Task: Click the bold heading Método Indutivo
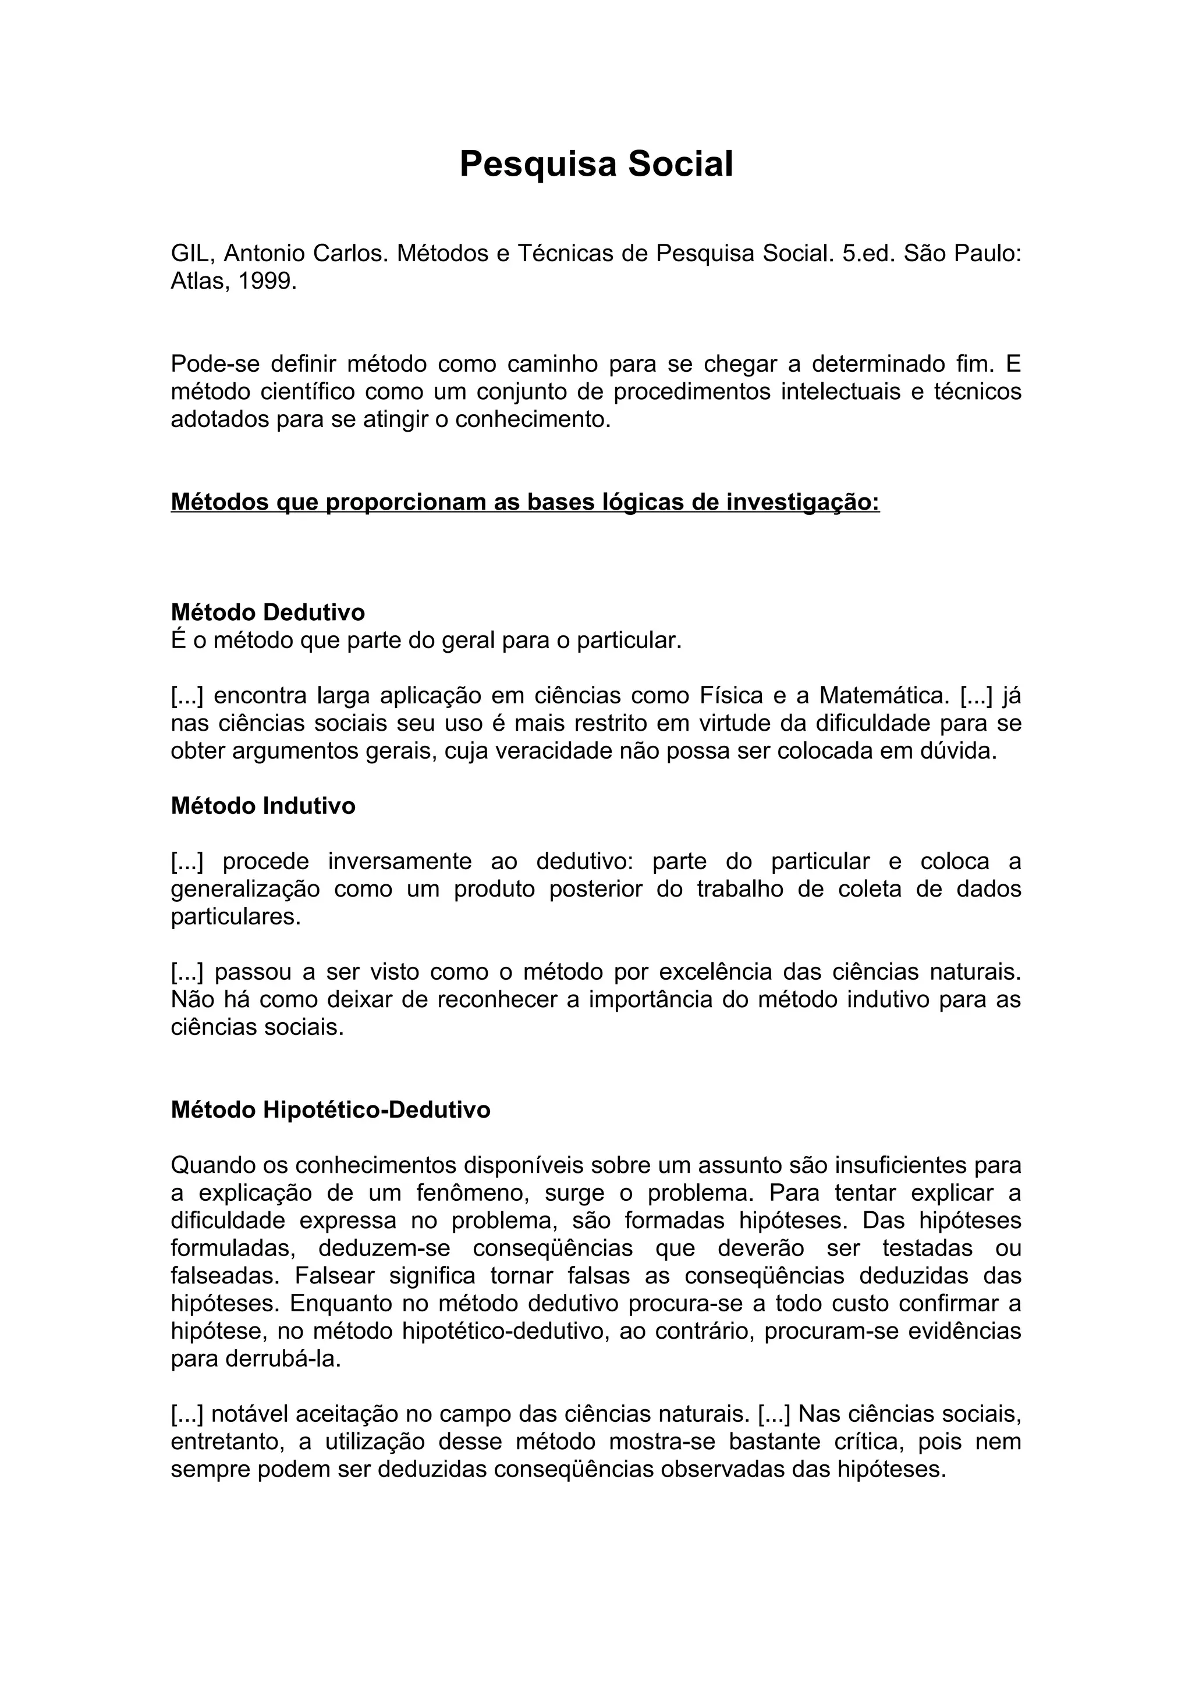263,806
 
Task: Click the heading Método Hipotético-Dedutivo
331,1109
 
